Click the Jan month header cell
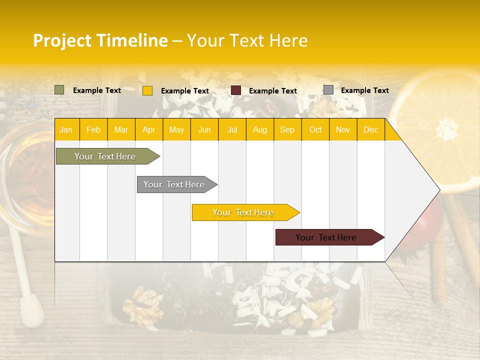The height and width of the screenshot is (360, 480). point(66,130)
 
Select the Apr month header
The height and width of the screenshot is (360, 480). point(149,130)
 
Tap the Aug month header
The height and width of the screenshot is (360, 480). point(260,130)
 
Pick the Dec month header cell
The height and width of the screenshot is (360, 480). point(370,130)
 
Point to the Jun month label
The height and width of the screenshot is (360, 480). point(204,130)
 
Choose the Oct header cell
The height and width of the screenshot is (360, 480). point(315,130)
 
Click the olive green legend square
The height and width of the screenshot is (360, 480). point(59,90)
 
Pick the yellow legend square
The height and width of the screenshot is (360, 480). point(147,90)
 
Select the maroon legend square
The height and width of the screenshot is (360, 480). point(236,90)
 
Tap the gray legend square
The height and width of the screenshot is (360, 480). point(328,90)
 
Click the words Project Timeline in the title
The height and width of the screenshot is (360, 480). point(100,40)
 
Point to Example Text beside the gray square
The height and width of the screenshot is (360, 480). point(364,90)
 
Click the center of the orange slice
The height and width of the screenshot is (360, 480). point(445,125)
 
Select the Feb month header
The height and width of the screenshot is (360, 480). point(93,130)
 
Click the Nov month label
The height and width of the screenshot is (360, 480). point(343,130)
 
